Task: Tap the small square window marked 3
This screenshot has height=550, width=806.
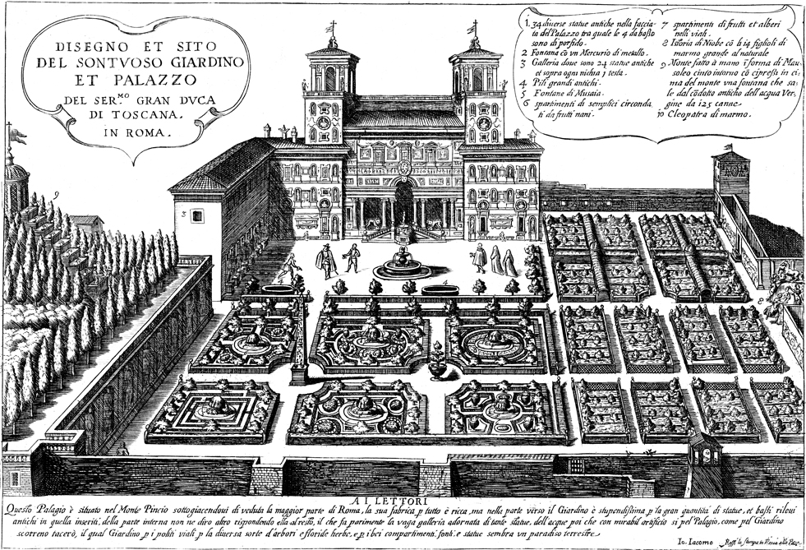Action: tap(197, 215)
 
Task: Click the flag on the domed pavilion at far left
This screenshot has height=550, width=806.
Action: tap(14, 133)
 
